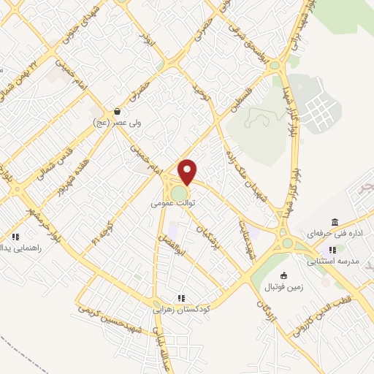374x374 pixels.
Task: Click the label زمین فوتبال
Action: coord(283,286)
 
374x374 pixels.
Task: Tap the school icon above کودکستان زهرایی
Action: coord(180,297)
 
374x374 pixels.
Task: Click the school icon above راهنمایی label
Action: coord(15,237)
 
